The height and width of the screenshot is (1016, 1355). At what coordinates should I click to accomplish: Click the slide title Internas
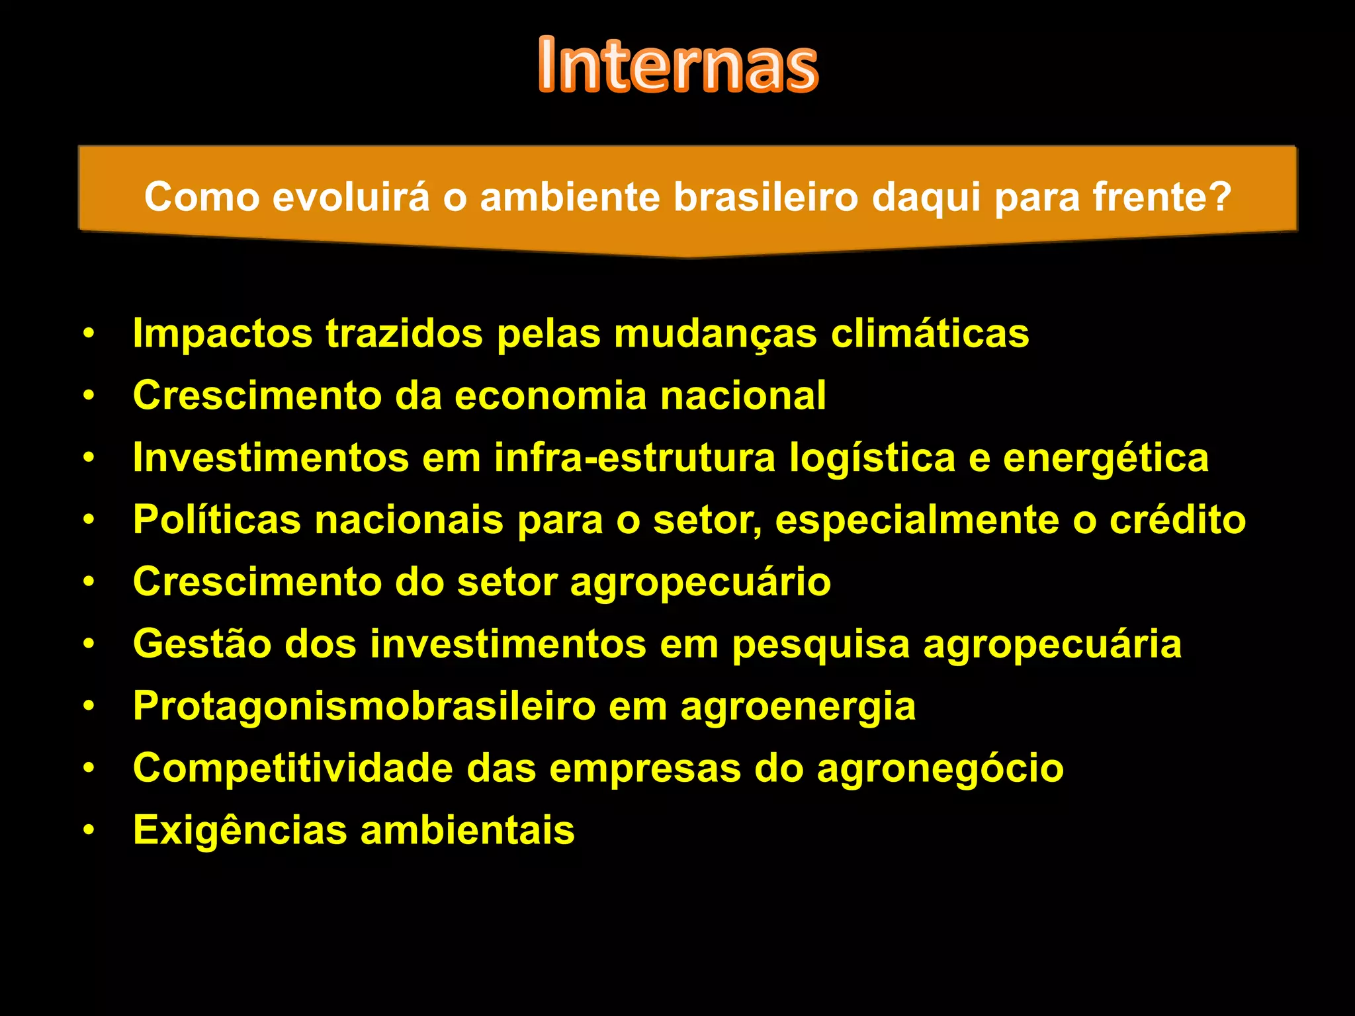coord(678,65)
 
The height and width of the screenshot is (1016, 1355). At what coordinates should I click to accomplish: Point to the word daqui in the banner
coord(926,198)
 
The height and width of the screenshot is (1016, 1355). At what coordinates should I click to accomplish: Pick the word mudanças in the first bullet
coord(715,334)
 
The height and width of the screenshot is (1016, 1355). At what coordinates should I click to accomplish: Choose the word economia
coord(550,396)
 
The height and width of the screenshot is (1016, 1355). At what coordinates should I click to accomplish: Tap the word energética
coord(1106,458)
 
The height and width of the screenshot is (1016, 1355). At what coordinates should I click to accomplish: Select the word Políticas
coord(217,519)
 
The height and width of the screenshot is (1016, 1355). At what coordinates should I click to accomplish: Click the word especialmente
coord(917,521)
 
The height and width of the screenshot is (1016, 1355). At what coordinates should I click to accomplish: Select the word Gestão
coord(202,644)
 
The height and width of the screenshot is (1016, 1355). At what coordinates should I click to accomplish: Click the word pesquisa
coord(820,645)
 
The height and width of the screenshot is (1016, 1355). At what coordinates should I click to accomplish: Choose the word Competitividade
coord(293,769)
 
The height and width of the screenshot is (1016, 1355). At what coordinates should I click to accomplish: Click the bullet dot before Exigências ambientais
coord(89,829)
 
